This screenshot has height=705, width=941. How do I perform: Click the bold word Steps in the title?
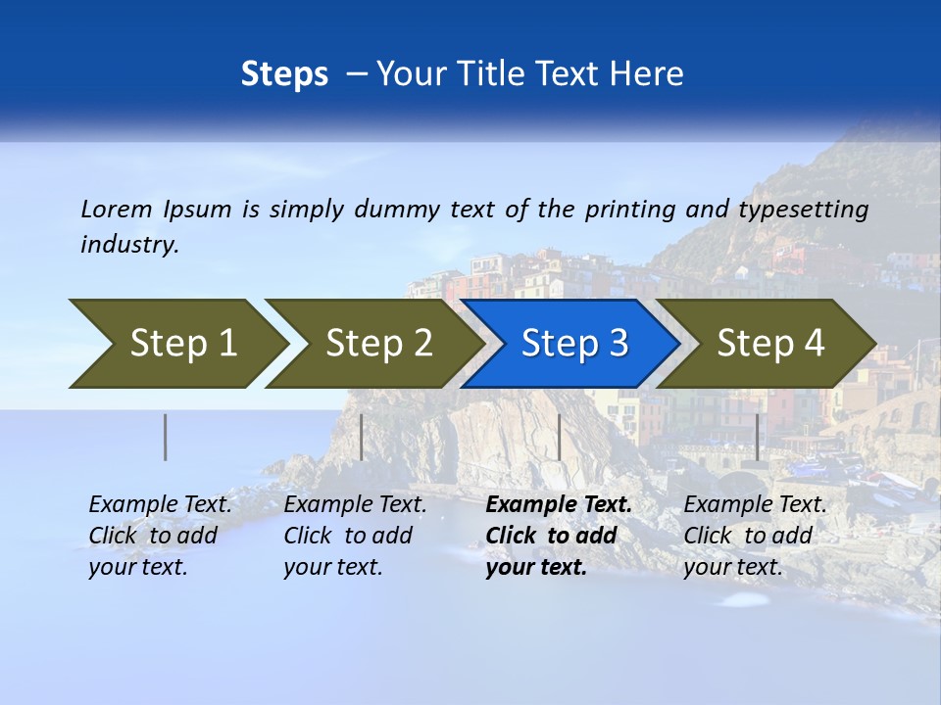pyautogui.click(x=284, y=74)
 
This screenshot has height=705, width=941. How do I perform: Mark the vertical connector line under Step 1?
pyautogui.click(x=165, y=437)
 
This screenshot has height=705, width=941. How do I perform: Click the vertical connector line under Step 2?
pyautogui.click(x=362, y=437)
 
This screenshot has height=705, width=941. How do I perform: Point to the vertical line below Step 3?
pyautogui.click(x=559, y=437)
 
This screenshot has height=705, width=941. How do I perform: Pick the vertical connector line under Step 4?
pyautogui.click(x=757, y=437)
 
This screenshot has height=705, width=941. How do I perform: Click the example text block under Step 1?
pyautogui.click(x=160, y=536)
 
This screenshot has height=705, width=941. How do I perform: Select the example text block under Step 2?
pyautogui.click(x=355, y=536)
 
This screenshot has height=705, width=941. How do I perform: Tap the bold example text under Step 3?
pyautogui.click(x=559, y=536)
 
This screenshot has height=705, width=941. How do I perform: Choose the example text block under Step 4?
pyautogui.click(x=755, y=536)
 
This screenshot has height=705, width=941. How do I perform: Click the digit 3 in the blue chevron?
pyautogui.click(x=618, y=344)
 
